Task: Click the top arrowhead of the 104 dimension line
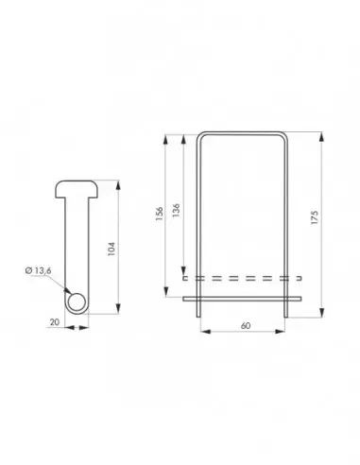coord(119,184)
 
